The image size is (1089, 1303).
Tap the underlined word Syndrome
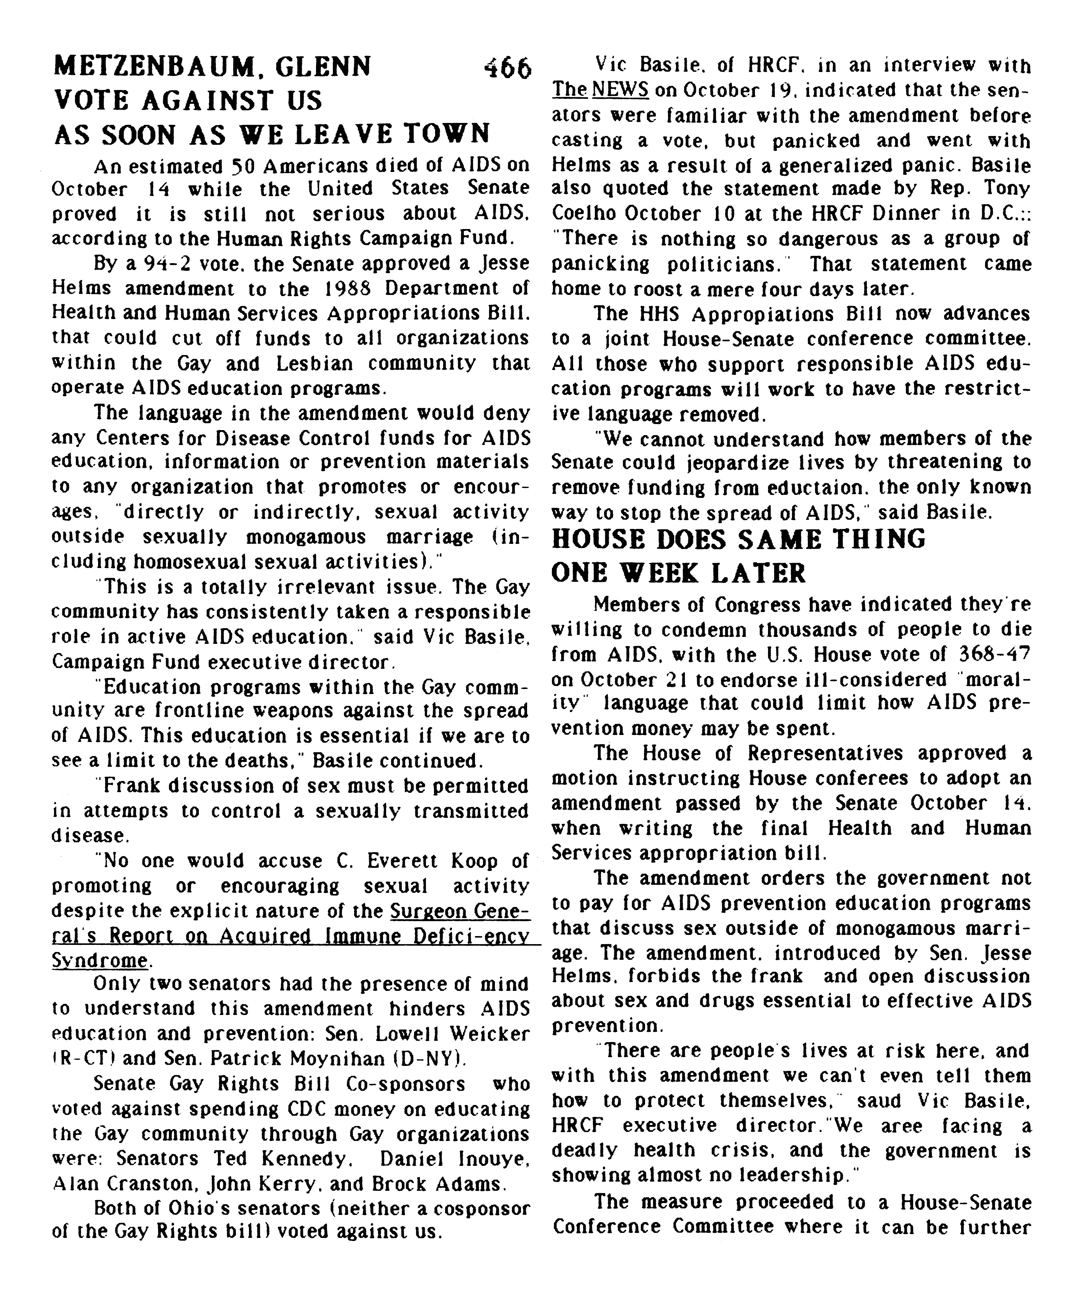(x=99, y=961)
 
